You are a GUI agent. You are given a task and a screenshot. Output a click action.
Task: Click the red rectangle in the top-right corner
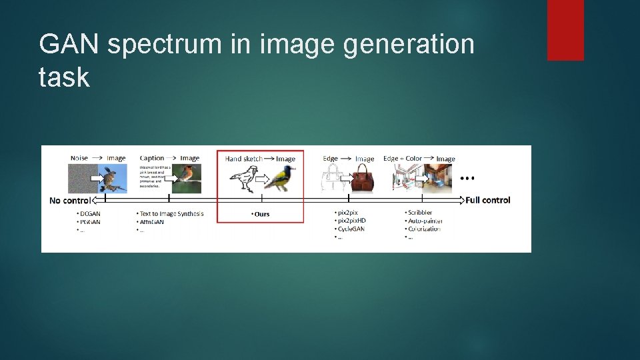(565, 29)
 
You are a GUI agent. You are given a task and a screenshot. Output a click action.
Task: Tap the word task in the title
(64, 77)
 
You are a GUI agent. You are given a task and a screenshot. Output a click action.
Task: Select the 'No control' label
(70, 200)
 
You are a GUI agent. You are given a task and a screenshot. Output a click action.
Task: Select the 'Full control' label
(488, 200)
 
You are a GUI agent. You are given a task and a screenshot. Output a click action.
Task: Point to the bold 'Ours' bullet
(261, 214)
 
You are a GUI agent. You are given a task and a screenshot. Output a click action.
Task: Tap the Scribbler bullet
(419, 213)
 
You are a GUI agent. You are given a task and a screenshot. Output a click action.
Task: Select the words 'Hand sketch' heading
(243, 159)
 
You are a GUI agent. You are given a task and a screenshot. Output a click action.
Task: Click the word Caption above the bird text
(152, 158)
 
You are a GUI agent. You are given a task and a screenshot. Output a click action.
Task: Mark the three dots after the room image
(468, 179)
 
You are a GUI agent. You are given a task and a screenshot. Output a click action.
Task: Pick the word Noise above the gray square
(79, 158)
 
